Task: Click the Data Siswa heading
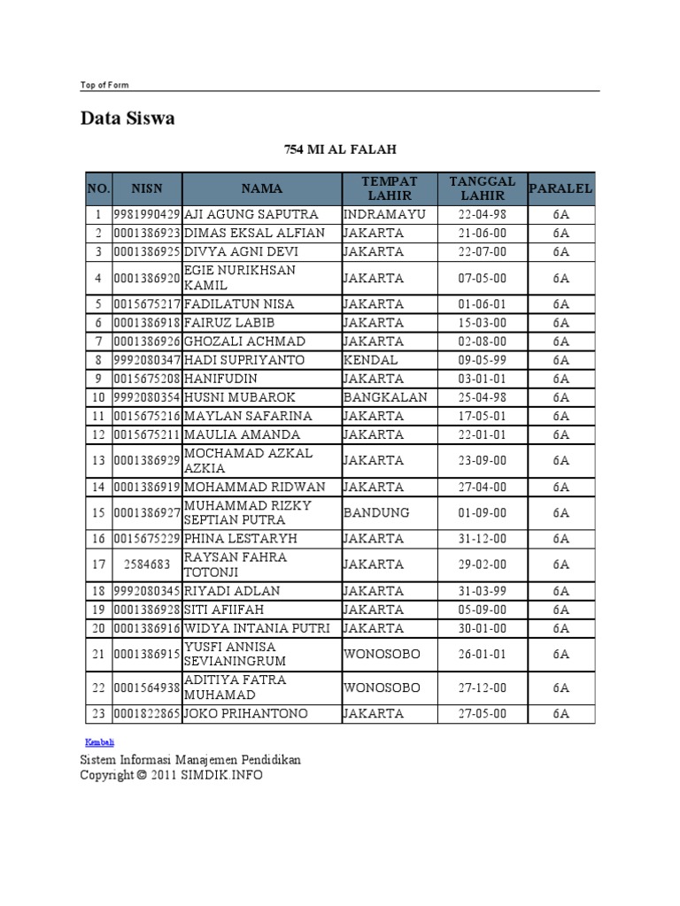pos(127,119)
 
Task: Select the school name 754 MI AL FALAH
pos(340,150)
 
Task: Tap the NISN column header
pos(147,188)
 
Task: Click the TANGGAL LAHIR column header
pos(482,188)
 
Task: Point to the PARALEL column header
pos(560,188)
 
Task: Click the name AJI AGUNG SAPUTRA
pos(251,215)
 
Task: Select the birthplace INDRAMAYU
pos(384,215)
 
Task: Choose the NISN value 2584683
pos(147,564)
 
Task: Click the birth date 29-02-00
pos(482,564)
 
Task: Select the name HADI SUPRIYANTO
pos(244,360)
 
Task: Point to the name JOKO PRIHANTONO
pos(246,713)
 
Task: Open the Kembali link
pos(99,741)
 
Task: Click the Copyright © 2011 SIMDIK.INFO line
pos(171,775)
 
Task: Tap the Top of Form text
pos(104,85)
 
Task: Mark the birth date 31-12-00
pos(482,539)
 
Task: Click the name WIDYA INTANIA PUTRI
pos(257,628)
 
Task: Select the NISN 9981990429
pos(147,215)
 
